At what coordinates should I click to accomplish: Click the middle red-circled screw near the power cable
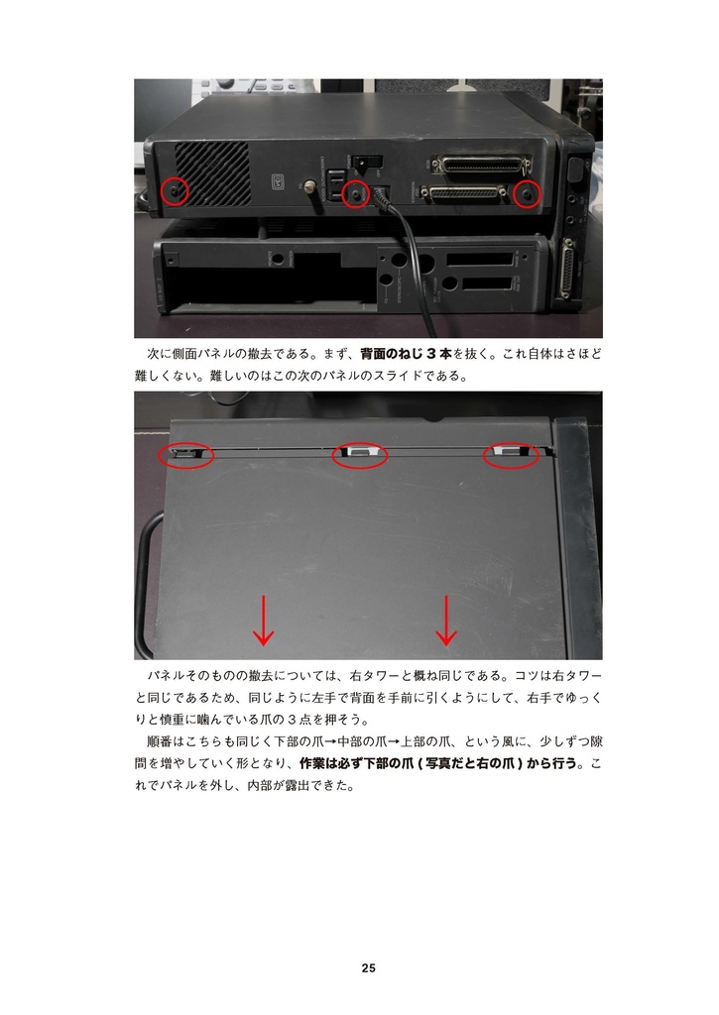[355, 195]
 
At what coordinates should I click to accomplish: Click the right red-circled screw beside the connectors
[528, 195]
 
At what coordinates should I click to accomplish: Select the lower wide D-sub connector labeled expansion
[470, 193]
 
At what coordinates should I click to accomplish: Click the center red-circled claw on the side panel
[359, 454]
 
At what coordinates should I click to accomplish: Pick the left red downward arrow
[264, 620]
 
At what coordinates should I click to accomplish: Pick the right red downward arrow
[446, 620]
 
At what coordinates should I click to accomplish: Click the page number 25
[368, 968]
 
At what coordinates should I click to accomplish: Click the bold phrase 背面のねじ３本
[406, 354]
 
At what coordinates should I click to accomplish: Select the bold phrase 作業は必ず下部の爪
[356, 763]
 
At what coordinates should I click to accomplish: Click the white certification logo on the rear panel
[278, 181]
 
